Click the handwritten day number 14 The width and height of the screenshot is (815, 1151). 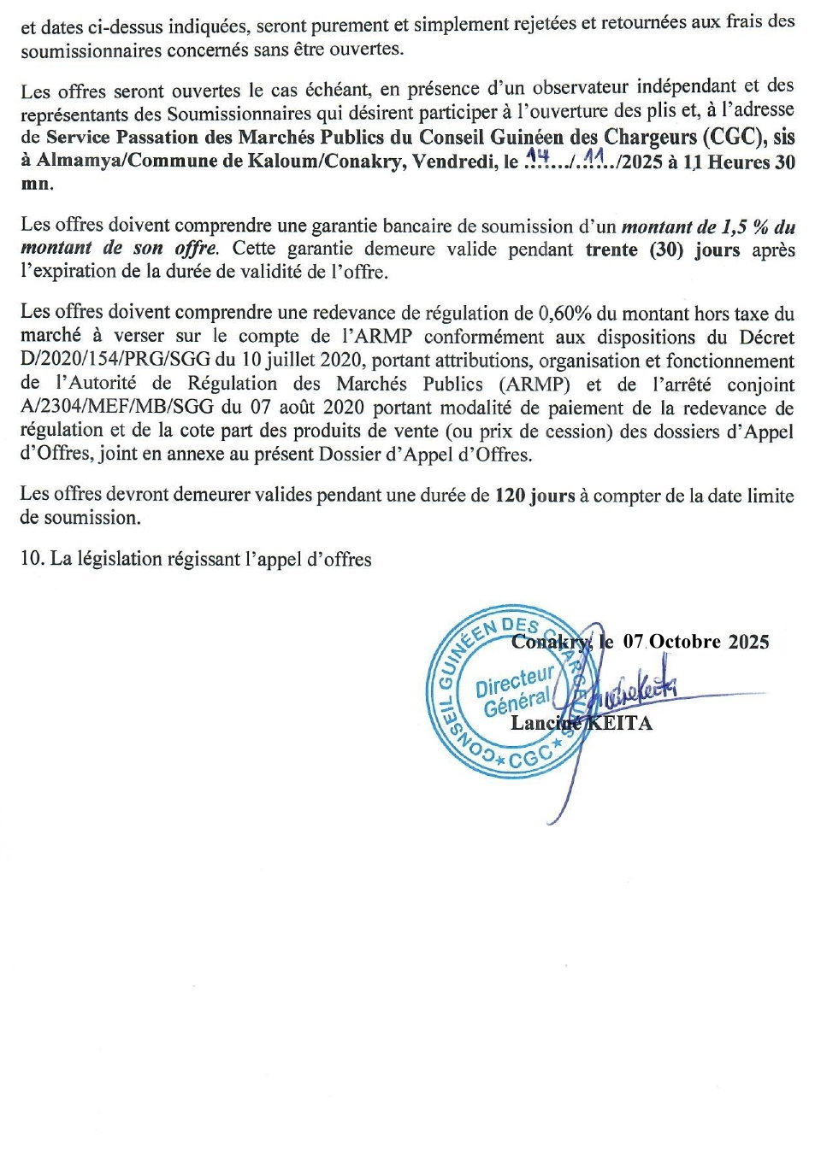click(537, 156)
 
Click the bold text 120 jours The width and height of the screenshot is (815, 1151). click(534, 496)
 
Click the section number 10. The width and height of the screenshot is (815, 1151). click(32, 560)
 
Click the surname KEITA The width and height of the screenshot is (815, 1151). click(618, 723)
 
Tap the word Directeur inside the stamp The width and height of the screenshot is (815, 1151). click(514, 682)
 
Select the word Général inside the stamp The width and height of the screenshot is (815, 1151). click(517, 703)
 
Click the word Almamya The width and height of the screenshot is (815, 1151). click(75, 161)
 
